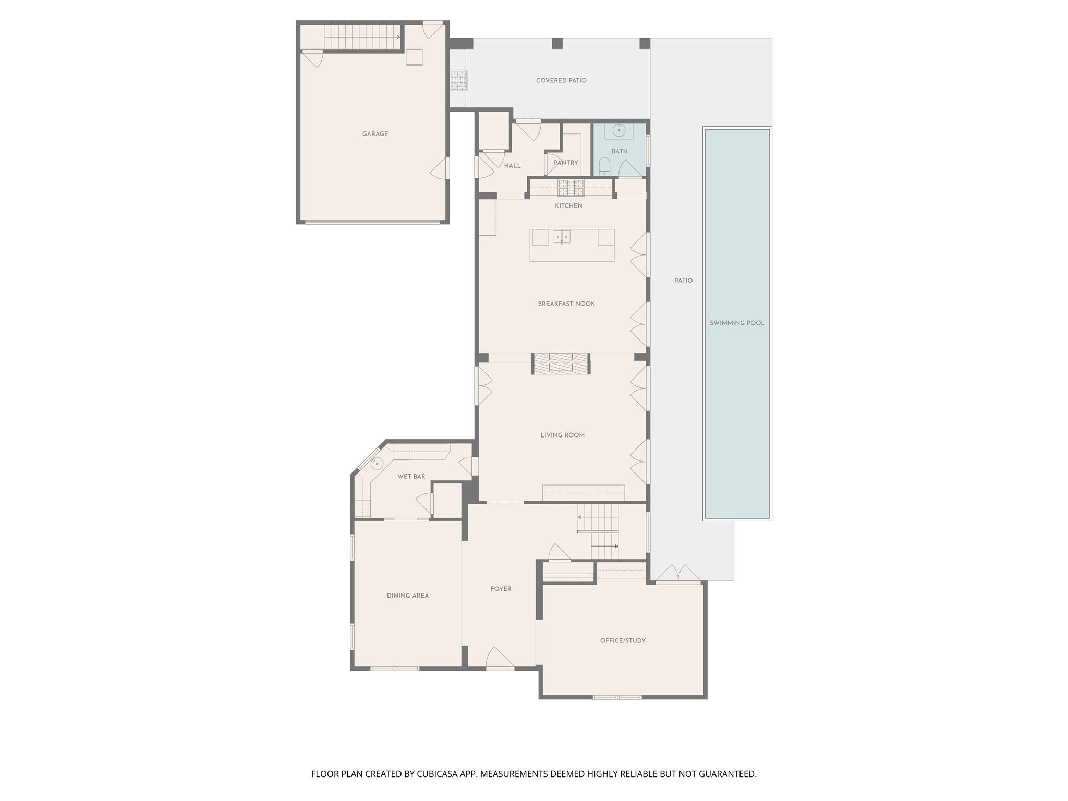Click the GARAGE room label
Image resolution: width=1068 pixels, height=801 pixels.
pyautogui.click(x=375, y=134)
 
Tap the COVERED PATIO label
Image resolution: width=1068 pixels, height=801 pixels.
pyautogui.click(x=561, y=80)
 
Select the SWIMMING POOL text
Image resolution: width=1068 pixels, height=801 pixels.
pyautogui.click(x=737, y=323)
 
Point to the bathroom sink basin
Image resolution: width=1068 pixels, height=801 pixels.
pyautogui.click(x=619, y=130)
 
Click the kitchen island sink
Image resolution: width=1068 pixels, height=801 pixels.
pyautogui.click(x=562, y=237)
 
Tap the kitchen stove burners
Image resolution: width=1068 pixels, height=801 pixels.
pyautogui.click(x=571, y=187)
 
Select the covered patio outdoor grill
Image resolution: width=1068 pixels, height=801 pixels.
pyautogui.click(x=458, y=80)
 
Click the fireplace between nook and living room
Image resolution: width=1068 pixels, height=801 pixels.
pyautogui.click(x=561, y=363)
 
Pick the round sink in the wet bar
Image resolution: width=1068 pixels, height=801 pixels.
pyautogui.click(x=377, y=463)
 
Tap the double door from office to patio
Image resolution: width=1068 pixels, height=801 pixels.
pyautogui.click(x=678, y=574)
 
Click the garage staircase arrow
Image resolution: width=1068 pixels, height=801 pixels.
pyautogui.click(x=398, y=37)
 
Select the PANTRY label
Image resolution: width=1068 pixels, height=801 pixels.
pyautogui.click(x=566, y=163)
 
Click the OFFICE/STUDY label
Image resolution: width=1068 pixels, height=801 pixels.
pyautogui.click(x=623, y=640)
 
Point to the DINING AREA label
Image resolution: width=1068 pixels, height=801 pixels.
pyautogui.click(x=408, y=596)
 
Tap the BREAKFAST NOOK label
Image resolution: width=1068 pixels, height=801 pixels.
pyautogui.click(x=566, y=304)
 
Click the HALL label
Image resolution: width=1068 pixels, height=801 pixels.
pyautogui.click(x=512, y=166)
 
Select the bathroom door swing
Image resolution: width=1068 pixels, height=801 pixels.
pyautogui.click(x=629, y=169)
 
